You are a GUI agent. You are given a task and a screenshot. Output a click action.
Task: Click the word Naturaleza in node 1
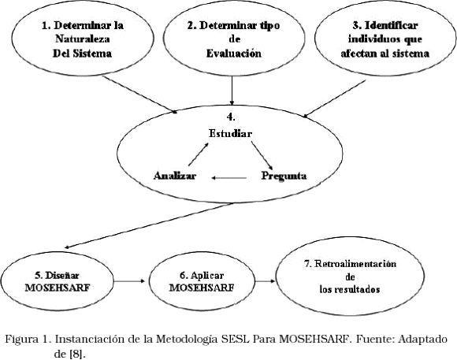(x=83, y=39)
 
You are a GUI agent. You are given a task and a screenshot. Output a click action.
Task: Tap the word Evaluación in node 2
(x=234, y=54)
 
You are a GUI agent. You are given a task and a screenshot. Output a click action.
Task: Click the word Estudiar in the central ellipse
(x=230, y=133)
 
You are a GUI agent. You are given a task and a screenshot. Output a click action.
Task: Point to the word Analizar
(x=175, y=176)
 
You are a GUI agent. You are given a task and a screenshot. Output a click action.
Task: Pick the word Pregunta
(x=284, y=176)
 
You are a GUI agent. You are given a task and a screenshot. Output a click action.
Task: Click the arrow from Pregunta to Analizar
(x=229, y=177)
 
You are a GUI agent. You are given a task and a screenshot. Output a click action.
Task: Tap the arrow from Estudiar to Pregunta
(x=262, y=155)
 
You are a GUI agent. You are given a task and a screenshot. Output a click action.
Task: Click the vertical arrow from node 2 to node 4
(x=232, y=91)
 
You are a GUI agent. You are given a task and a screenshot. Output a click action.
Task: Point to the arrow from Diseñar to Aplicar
(x=129, y=281)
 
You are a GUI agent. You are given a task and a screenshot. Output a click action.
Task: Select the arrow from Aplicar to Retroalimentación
(x=266, y=281)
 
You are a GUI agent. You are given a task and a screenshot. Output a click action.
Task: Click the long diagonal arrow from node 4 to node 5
(x=149, y=226)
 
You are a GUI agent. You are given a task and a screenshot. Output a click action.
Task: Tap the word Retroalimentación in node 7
(x=355, y=264)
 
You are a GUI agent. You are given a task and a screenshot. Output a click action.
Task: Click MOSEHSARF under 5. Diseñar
(x=58, y=288)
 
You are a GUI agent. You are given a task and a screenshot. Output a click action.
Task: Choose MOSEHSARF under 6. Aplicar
(x=202, y=288)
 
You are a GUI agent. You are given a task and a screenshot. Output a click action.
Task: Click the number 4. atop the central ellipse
(x=231, y=117)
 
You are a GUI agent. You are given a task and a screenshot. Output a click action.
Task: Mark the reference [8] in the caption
(x=77, y=354)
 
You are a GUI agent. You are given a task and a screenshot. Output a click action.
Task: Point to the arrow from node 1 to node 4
(x=140, y=95)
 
